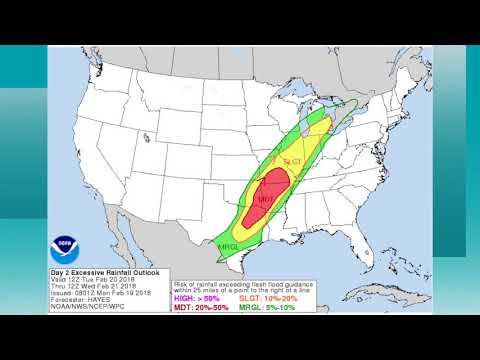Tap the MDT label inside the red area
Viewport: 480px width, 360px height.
[x=265, y=201]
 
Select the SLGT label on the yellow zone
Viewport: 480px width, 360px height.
[x=293, y=162]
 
